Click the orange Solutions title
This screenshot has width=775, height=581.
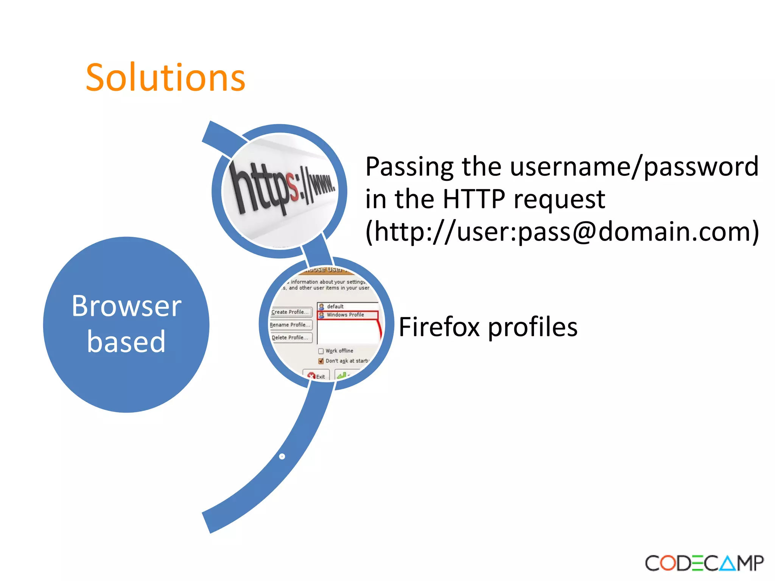(165, 78)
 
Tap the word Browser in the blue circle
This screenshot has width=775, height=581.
(126, 306)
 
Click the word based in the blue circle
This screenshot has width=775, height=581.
(126, 342)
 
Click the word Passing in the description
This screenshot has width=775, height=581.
(409, 167)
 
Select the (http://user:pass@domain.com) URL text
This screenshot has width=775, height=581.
(562, 232)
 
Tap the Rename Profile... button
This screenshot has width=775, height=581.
(290, 325)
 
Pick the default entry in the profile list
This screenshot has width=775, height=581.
(335, 306)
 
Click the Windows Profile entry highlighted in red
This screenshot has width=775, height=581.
(345, 315)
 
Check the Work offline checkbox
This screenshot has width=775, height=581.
(321, 351)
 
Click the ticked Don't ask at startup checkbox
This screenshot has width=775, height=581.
(321, 361)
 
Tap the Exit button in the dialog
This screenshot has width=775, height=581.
(317, 376)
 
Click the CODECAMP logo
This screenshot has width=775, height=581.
(704, 563)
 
